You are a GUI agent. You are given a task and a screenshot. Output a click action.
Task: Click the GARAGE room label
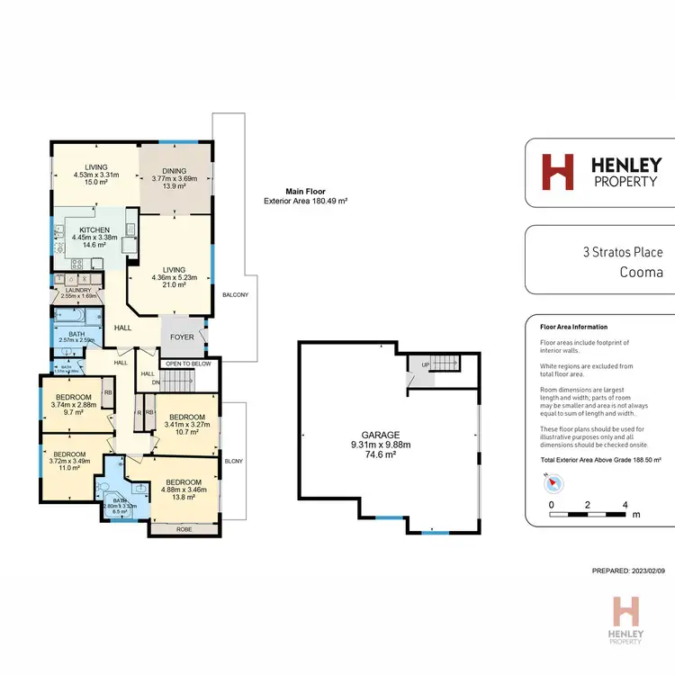coord(392,432)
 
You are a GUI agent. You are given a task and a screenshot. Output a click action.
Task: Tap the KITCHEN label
coord(94,230)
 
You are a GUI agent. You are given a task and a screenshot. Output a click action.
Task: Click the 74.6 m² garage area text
coord(392,456)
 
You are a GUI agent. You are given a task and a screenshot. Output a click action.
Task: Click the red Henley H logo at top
coord(557,173)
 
